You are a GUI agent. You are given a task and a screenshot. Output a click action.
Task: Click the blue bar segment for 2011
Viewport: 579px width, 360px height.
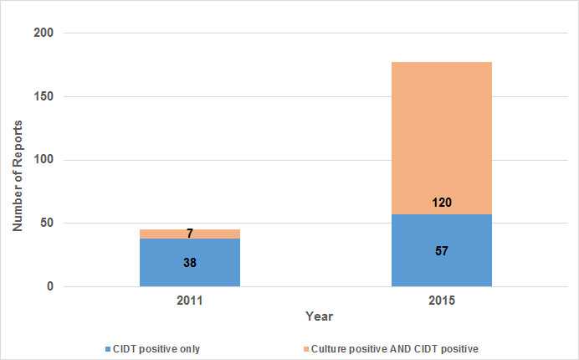(190, 268)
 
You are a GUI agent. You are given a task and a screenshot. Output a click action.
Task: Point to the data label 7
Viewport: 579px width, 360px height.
(190, 234)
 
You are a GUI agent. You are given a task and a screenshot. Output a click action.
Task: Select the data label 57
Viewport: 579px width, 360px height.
(441, 250)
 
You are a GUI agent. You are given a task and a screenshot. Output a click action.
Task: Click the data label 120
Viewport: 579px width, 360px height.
(441, 202)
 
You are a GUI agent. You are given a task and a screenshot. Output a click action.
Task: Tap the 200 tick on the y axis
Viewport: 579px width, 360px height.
(44, 33)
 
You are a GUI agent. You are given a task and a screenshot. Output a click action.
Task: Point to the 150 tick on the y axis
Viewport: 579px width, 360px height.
(44, 97)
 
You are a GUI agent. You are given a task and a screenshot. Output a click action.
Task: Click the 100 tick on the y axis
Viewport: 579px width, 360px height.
(44, 160)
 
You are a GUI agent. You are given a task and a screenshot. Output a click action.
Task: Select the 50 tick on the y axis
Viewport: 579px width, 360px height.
(47, 224)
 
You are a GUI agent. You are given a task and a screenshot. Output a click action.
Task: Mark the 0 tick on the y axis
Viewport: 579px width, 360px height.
(50, 287)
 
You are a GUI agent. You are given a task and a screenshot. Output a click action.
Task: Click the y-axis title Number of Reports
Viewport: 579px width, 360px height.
(17, 177)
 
